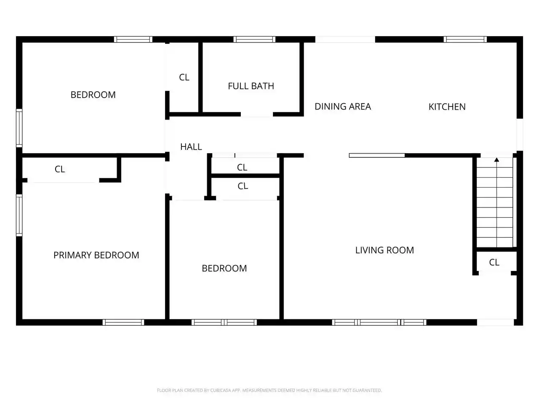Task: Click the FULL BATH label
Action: pyautogui.click(x=251, y=86)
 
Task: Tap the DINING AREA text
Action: pyautogui.click(x=342, y=106)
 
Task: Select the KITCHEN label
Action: pyautogui.click(x=447, y=107)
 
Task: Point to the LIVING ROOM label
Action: pyautogui.click(x=384, y=250)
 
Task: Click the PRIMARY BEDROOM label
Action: pyautogui.click(x=96, y=255)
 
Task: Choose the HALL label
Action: pyautogui.click(x=191, y=147)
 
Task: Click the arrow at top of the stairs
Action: pyautogui.click(x=496, y=159)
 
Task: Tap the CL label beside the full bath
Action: pyautogui.click(x=184, y=77)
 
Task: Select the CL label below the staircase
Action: pyautogui.click(x=494, y=262)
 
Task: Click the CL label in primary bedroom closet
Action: pyautogui.click(x=60, y=169)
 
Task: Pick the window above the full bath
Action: pyautogui.click(x=254, y=39)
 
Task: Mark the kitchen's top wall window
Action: pyautogui.click(x=465, y=39)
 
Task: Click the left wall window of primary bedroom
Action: pyautogui.click(x=19, y=215)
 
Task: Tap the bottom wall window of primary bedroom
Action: pyautogui.click(x=123, y=322)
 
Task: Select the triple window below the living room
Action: pyautogui.click(x=379, y=322)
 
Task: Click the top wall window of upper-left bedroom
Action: pyautogui.click(x=133, y=39)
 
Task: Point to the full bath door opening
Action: pyautogui.click(x=257, y=114)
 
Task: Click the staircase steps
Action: pyautogui.click(x=494, y=202)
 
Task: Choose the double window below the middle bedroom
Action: pyautogui.click(x=224, y=322)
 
